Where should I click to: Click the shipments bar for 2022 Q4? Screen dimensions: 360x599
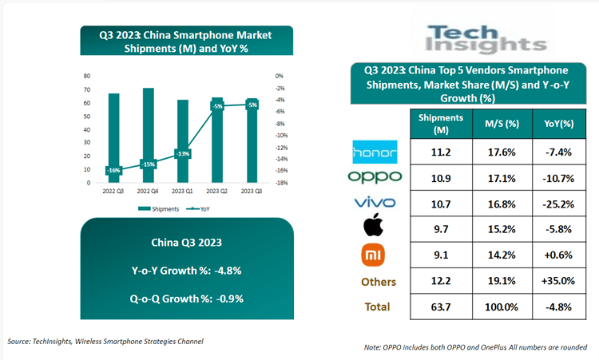coord(148,136)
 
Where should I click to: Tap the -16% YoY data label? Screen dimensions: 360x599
coord(113,170)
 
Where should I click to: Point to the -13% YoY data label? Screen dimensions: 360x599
coord(183,153)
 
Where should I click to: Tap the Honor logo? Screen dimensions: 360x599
coord(375,152)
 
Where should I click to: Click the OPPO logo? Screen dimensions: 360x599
coord(375,176)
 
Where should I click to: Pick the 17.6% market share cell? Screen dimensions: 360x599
coord(502,152)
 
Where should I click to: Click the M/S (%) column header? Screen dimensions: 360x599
coord(502,124)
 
